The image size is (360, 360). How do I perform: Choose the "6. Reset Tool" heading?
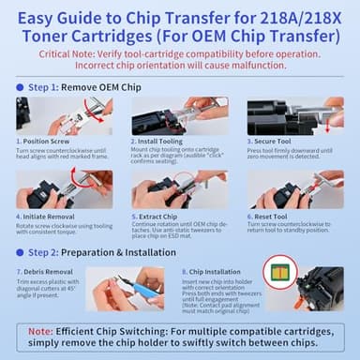click(x=272, y=217)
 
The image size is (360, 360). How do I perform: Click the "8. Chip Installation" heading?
click(x=206, y=269)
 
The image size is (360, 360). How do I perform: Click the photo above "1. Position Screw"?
click(x=64, y=115)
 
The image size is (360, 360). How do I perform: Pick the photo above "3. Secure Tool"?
click(x=294, y=115)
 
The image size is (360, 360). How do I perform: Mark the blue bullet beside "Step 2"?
click(x=20, y=251)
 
